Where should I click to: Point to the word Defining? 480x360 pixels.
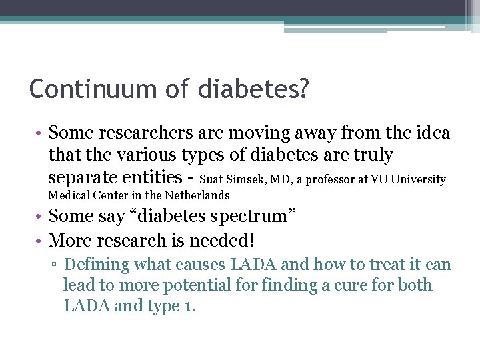97,265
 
